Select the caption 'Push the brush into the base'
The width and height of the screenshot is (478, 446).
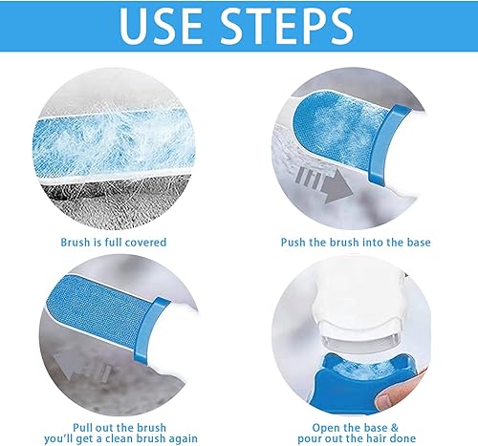[x=356, y=243]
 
